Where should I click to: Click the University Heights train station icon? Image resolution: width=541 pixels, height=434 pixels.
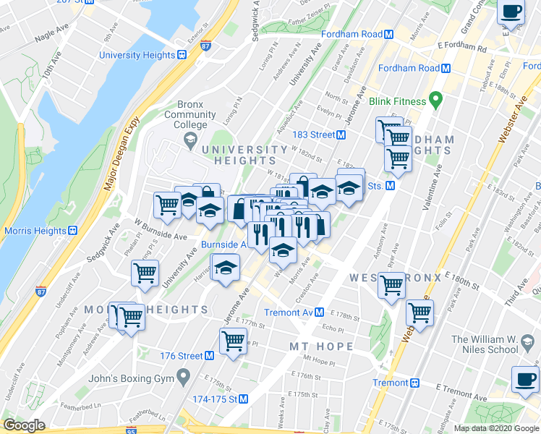182,54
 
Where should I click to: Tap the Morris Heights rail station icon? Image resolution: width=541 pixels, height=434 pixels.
72,231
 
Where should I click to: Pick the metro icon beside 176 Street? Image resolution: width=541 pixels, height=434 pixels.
209,356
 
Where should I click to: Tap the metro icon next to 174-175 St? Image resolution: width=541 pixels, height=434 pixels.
244,399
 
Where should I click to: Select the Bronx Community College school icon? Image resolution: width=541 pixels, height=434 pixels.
190,141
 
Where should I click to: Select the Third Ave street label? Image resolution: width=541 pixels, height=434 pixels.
519,281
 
